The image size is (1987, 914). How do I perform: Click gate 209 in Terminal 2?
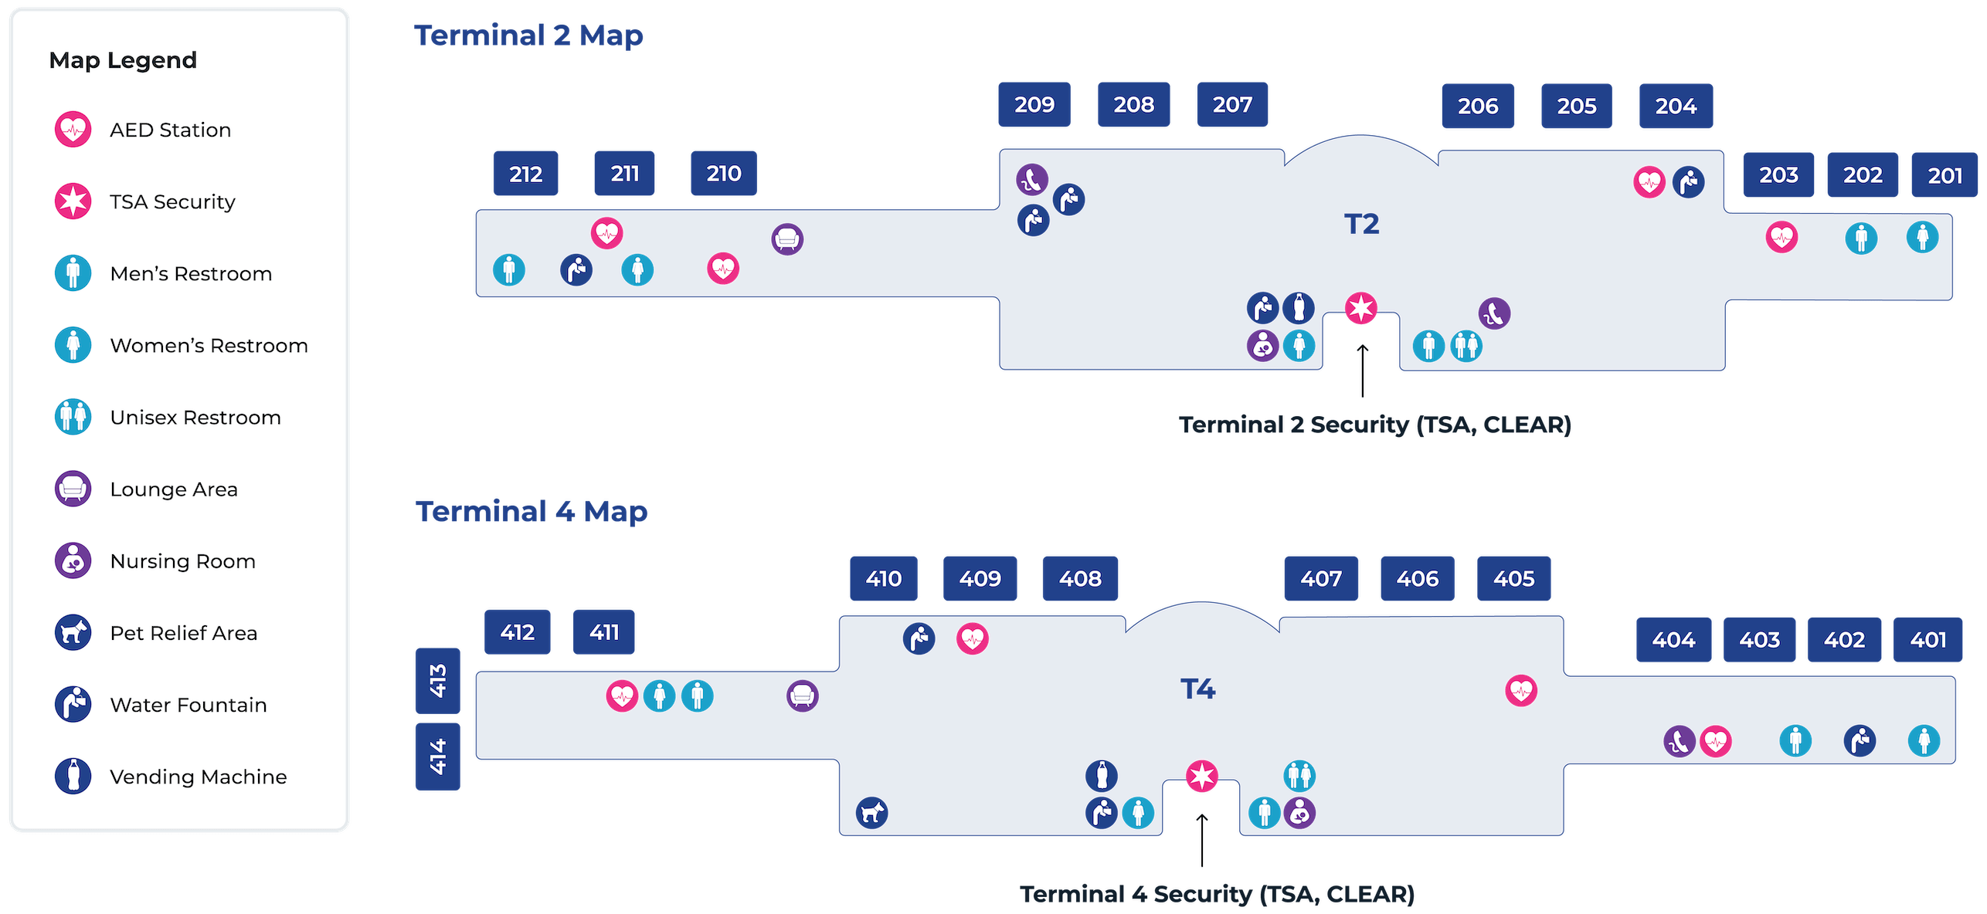pyautogui.click(x=1034, y=104)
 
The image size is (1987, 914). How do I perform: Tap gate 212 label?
pyautogui.click(x=525, y=174)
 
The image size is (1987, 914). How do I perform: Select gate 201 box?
pyautogui.click(x=1944, y=175)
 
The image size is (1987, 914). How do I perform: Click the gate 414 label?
pyautogui.click(x=437, y=757)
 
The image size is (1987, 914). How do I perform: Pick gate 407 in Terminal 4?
pyautogui.click(x=1320, y=578)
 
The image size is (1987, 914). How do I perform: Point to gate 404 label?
pyautogui.click(x=1673, y=639)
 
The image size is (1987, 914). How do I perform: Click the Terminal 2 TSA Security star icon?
pyautogui.click(x=1360, y=309)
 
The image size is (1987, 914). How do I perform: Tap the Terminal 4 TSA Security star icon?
pyautogui.click(x=1201, y=776)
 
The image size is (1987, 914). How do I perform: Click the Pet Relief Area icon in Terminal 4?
pyautogui.click(x=871, y=812)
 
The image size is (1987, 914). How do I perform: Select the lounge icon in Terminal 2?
pyautogui.click(x=787, y=239)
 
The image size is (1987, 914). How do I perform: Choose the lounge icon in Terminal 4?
pyautogui.click(x=802, y=696)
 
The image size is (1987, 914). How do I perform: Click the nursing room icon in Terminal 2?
pyautogui.click(x=1262, y=346)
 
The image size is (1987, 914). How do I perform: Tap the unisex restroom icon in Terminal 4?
pyautogui.click(x=1299, y=776)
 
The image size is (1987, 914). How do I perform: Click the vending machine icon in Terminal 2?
pyautogui.click(x=1299, y=308)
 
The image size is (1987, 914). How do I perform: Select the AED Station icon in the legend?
pyautogui.click(x=73, y=129)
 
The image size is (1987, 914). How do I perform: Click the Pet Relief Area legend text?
pyautogui.click(x=184, y=633)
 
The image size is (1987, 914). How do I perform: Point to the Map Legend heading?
pyautogui.click(x=123, y=60)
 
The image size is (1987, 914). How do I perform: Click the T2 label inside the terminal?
pyautogui.click(x=1361, y=224)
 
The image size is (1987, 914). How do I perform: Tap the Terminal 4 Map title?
pyautogui.click(x=532, y=511)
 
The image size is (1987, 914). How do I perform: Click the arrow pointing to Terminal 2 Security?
pyautogui.click(x=1363, y=371)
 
